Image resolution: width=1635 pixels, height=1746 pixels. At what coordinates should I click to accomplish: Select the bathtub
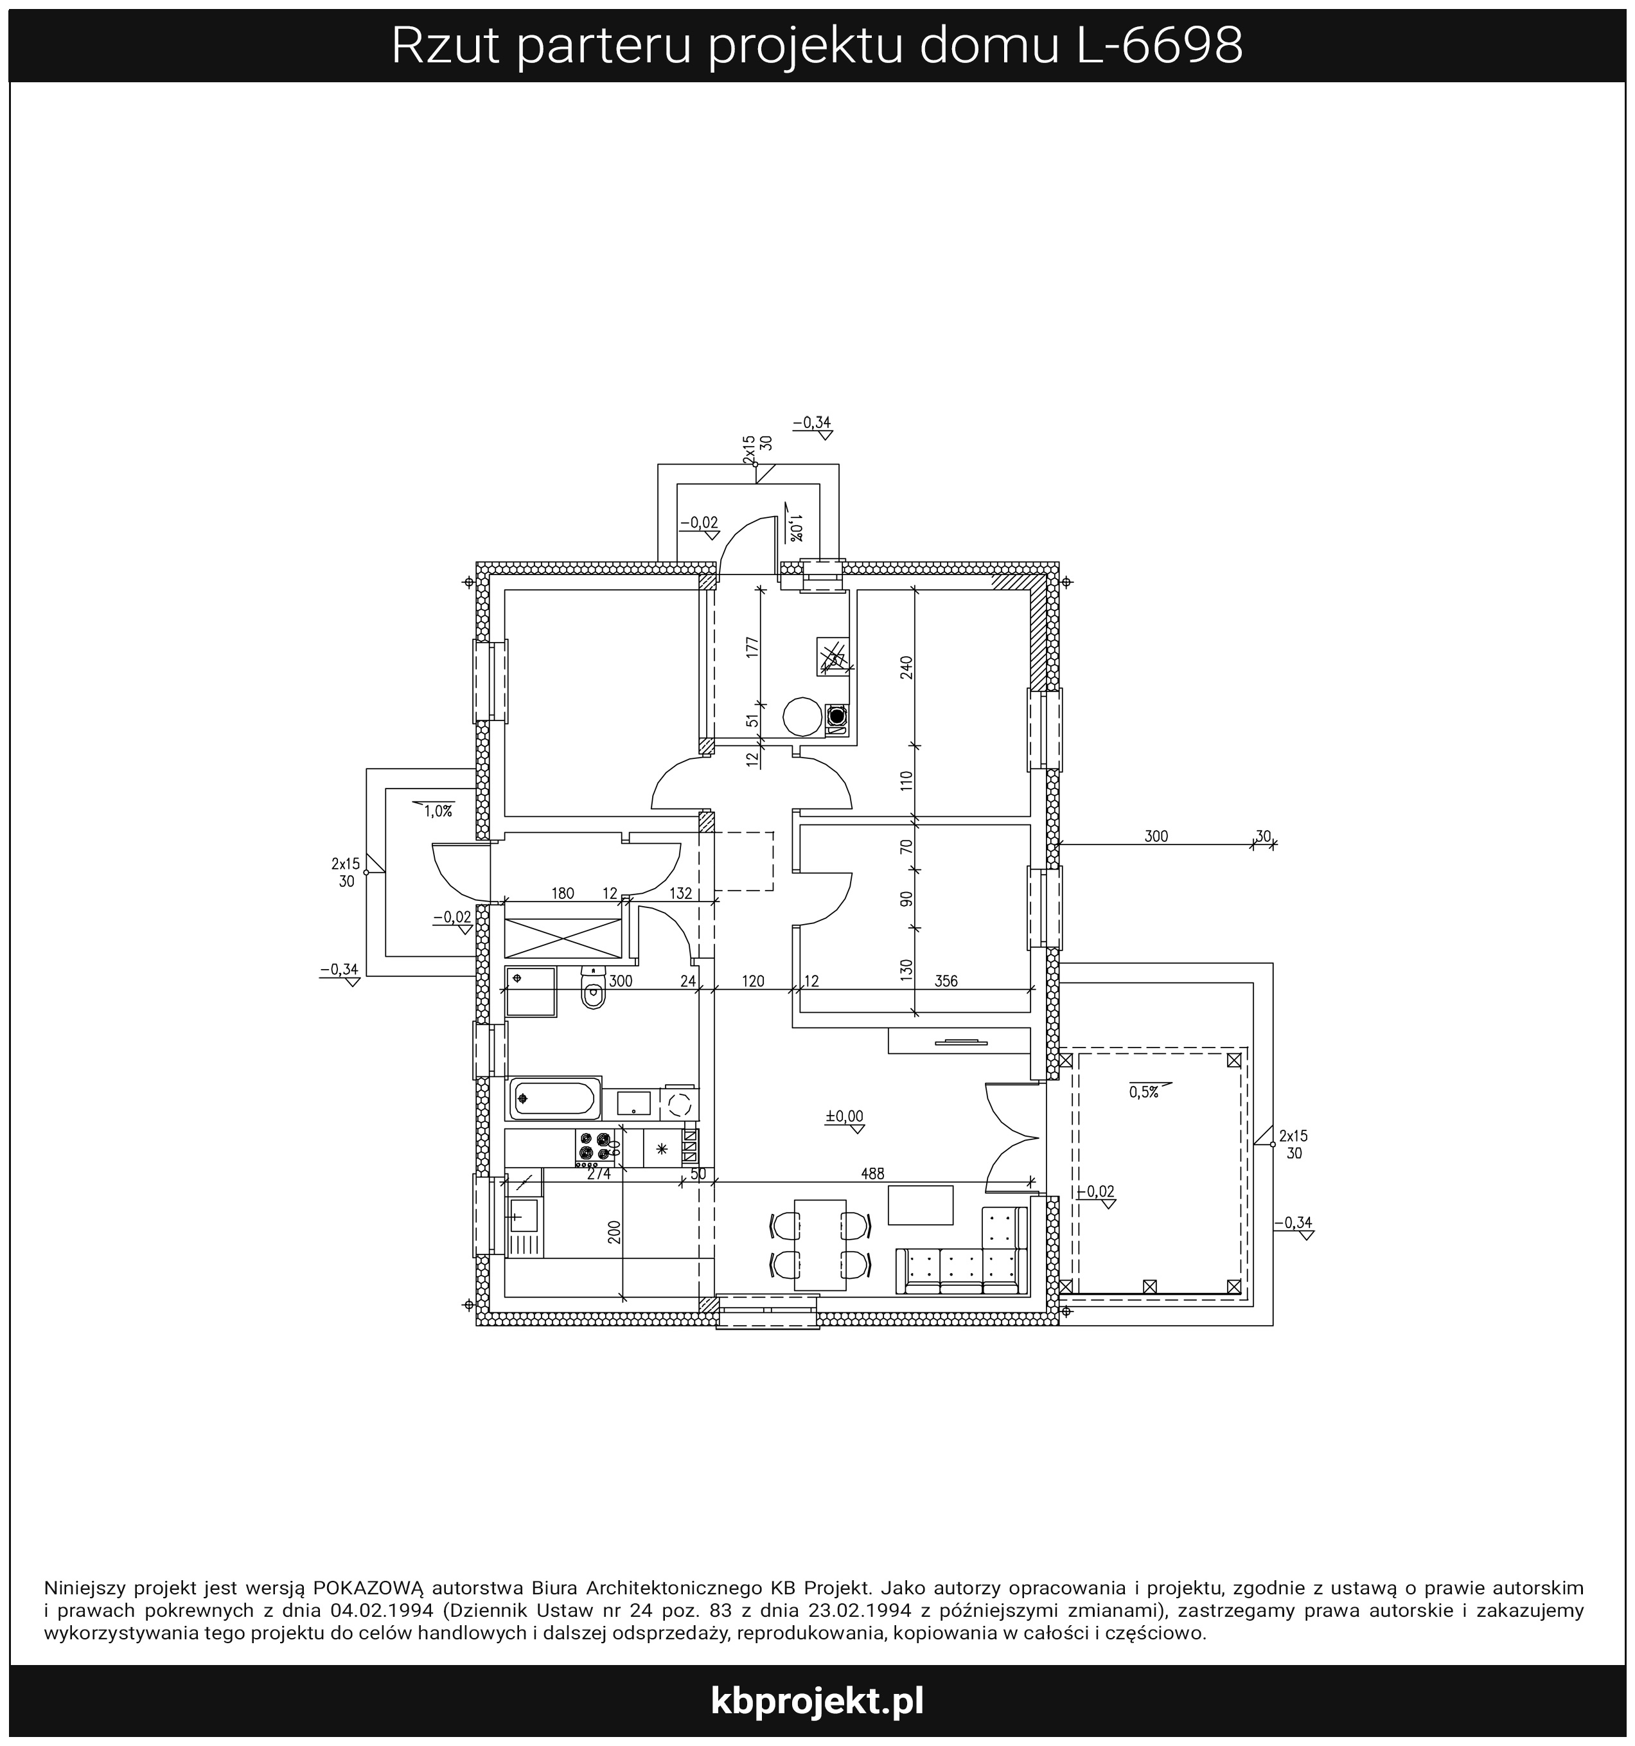[555, 1099]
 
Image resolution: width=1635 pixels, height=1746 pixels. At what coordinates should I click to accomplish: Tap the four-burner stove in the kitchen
[594, 1147]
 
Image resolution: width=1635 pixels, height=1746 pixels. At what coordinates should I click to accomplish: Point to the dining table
[820, 1245]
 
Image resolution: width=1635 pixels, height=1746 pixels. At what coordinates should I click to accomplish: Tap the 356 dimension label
[946, 981]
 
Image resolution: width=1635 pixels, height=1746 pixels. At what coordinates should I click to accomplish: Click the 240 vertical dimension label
[907, 668]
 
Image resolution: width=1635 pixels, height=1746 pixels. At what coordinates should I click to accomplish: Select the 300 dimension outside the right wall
[1156, 836]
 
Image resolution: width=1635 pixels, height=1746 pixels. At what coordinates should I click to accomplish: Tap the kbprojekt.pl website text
[817, 1701]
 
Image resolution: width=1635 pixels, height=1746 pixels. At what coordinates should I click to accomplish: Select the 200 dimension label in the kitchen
[615, 1232]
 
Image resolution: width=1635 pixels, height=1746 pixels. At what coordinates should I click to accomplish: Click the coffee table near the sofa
[920, 1205]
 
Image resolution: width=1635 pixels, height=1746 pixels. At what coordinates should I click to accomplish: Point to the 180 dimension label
[563, 894]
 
